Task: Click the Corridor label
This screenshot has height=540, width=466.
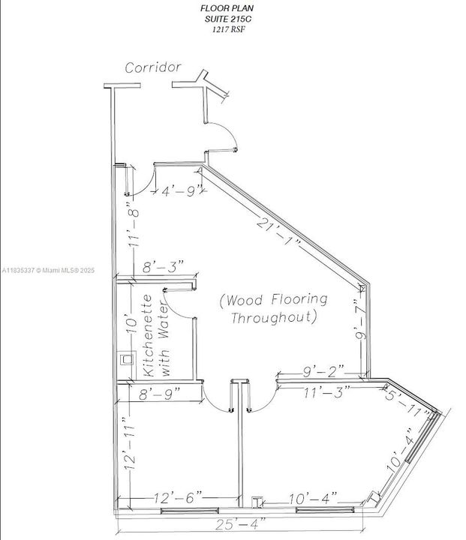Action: point(153,67)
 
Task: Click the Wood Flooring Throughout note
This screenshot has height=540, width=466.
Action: point(273,308)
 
